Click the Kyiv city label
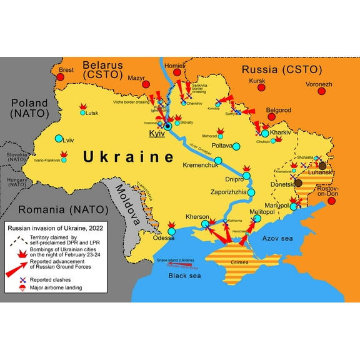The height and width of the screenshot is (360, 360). pos(157,134)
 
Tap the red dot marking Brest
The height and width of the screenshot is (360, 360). pos(61,77)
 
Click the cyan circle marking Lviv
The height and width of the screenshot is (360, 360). pos(59,139)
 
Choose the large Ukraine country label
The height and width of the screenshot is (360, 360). pos(128,156)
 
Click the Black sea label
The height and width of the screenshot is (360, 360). pos(186,276)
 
